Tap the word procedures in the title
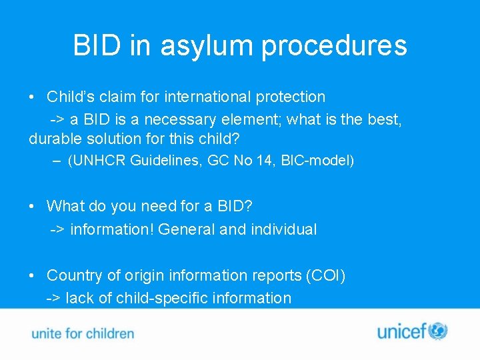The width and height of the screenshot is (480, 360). coord(334,45)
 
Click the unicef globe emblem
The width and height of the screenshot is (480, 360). coord(437,331)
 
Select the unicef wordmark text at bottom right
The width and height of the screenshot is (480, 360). coord(402,331)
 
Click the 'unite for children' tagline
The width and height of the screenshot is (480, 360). coord(83,333)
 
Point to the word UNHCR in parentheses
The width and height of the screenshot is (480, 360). coord(99,161)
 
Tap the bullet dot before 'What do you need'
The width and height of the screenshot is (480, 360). coord(33,207)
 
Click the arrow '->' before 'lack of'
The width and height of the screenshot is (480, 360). coord(53,298)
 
